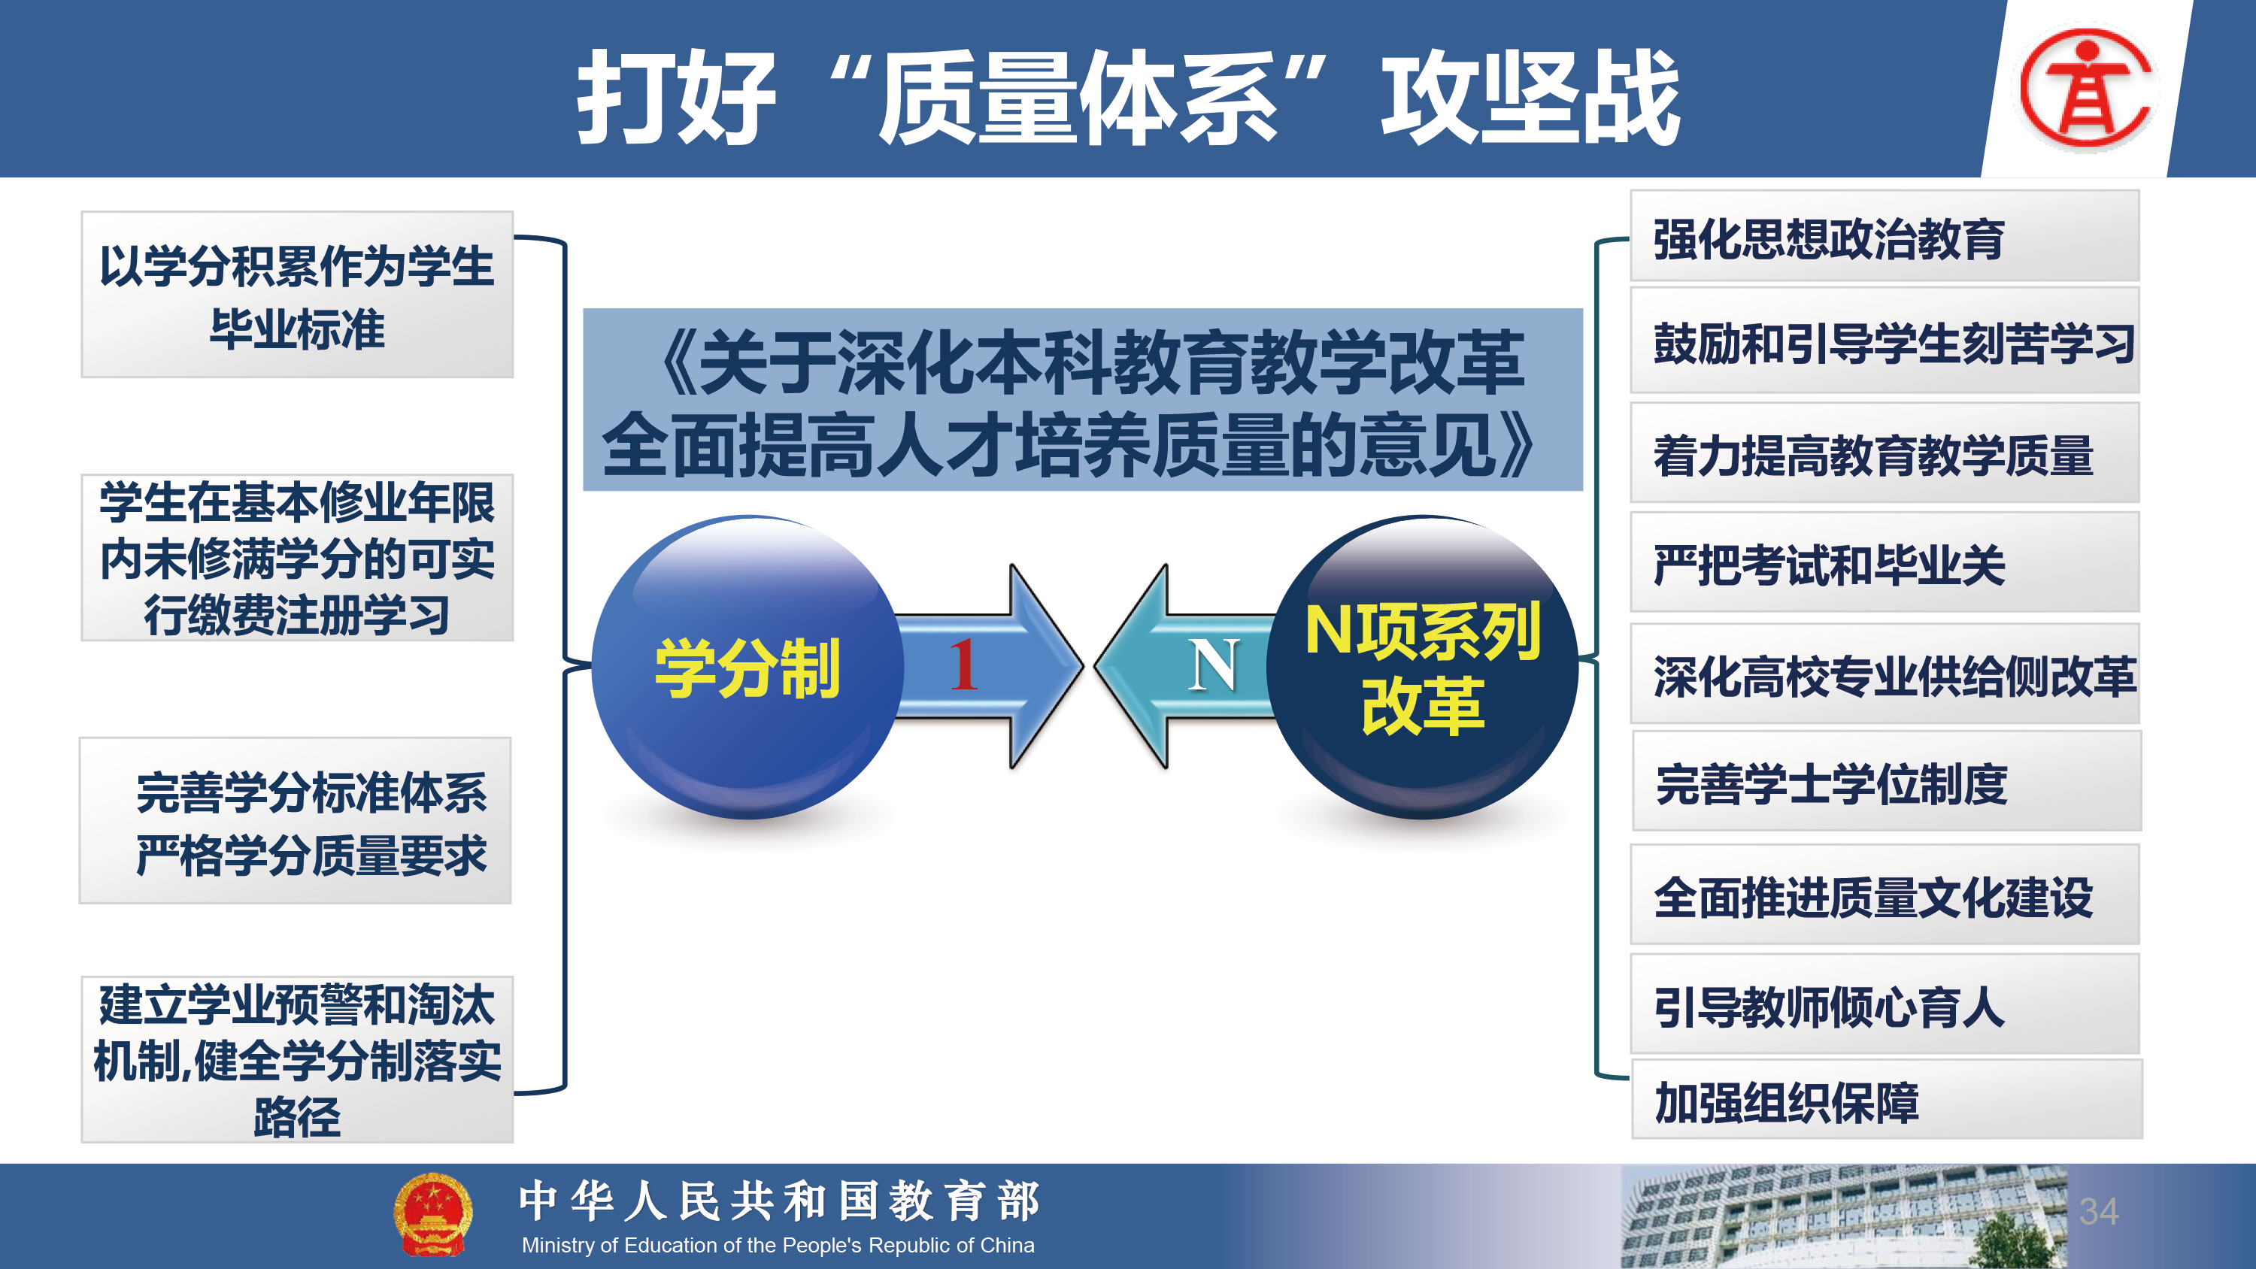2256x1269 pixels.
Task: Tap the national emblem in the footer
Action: pyautogui.click(x=432, y=1215)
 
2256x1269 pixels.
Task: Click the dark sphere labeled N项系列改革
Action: pyautogui.click(x=1422, y=668)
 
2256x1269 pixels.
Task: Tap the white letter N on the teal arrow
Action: pyautogui.click(x=1214, y=665)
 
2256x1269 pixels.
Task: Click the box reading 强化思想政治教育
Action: pyautogui.click(x=1885, y=235)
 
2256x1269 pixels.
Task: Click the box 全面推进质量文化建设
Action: pyautogui.click(x=1885, y=894)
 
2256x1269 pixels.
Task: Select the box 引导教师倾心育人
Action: pyautogui.click(x=1885, y=1004)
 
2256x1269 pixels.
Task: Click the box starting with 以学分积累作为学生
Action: pyautogui.click(x=297, y=294)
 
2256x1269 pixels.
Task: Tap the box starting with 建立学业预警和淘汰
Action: pyautogui.click(x=297, y=1060)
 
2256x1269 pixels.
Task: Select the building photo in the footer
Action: pyautogui.click(x=1843, y=1216)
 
